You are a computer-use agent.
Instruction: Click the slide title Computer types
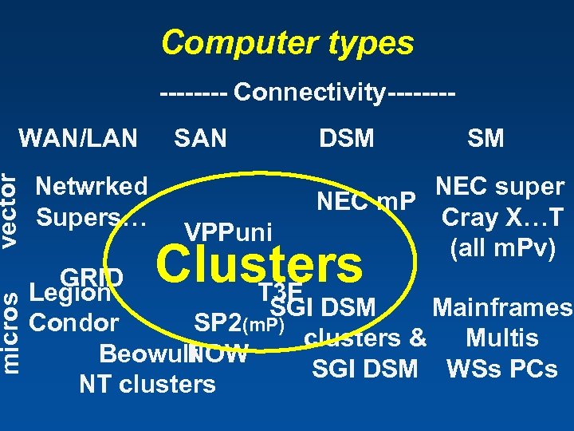[x=287, y=42]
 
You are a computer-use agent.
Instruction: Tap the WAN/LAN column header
[x=78, y=137]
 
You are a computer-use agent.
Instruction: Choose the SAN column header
[x=200, y=137]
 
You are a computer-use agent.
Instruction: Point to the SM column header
[x=486, y=138]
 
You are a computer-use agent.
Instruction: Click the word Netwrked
[x=92, y=187]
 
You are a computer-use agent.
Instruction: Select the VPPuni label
[x=229, y=231]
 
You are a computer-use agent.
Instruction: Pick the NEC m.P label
[x=366, y=203]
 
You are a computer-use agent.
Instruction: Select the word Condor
[x=73, y=323]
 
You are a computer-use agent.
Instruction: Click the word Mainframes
[x=501, y=307]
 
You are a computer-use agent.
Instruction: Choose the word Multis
[x=502, y=338]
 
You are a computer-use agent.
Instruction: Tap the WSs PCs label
[x=501, y=369]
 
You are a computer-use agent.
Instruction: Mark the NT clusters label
[x=147, y=384]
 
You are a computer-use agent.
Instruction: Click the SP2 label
[x=218, y=322]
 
